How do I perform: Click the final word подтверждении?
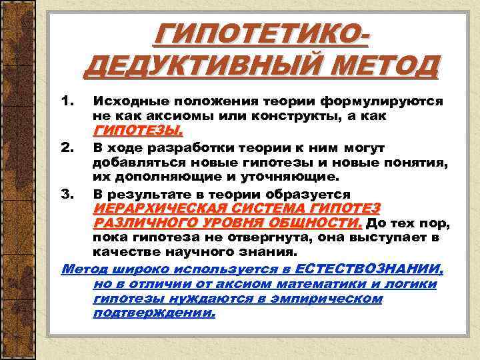(155, 313)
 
